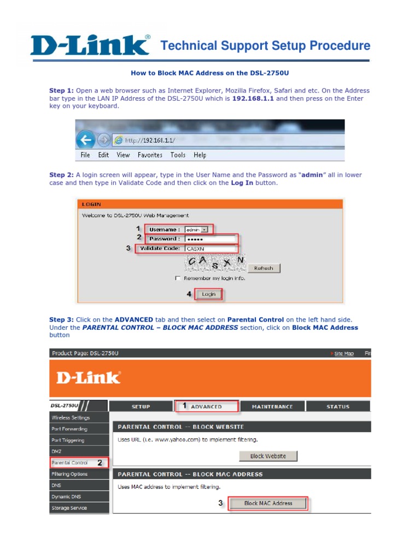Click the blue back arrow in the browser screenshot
point(85,140)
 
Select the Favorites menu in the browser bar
point(150,155)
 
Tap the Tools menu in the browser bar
point(178,155)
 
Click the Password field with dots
point(210,239)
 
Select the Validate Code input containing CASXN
point(210,248)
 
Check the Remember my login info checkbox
point(178,278)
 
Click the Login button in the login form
point(208,294)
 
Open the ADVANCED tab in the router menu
point(206,406)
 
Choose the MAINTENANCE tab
point(272,406)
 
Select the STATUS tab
point(337,406)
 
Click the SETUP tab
point(141,406)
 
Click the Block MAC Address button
point(268,503)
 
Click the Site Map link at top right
point(343,354)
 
